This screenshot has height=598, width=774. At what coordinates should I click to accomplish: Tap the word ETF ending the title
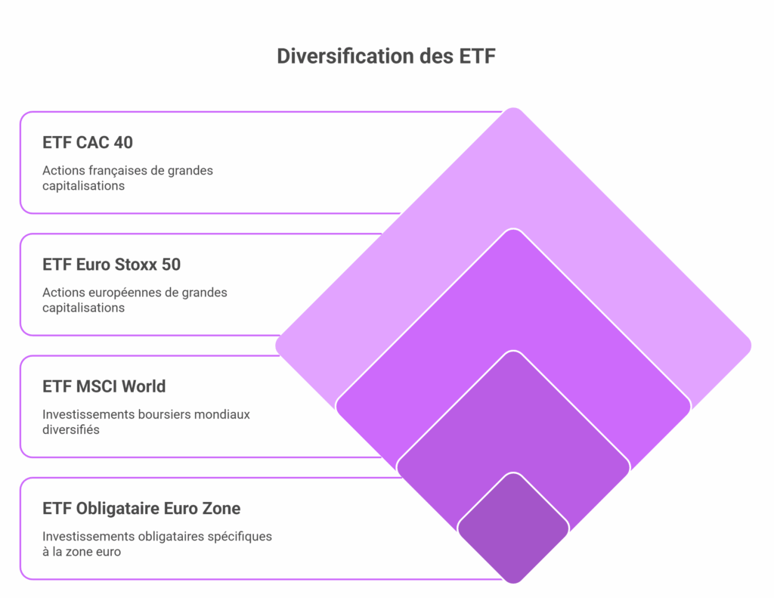coord(478,56)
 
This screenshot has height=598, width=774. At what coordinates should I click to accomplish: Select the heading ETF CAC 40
coord(88,142)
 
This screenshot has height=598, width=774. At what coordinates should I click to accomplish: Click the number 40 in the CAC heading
coord(123,142)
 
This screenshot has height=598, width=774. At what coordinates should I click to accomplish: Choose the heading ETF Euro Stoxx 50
coord(112,264)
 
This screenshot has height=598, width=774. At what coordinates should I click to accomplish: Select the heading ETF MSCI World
coord(104,386)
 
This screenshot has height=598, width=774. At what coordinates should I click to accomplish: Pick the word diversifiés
coord(70,429)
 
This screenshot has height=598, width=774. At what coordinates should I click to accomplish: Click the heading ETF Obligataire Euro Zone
coord(141,508)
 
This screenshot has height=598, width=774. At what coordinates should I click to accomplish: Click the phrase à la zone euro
coord(82,552)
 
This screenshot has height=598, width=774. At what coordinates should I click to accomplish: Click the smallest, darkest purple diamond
coord(513,528)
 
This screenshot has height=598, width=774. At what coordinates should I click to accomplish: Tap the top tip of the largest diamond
coord(513,107)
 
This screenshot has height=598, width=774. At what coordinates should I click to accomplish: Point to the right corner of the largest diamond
coord(751,345)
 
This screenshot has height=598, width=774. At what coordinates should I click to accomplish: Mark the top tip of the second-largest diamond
coord(513,229)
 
